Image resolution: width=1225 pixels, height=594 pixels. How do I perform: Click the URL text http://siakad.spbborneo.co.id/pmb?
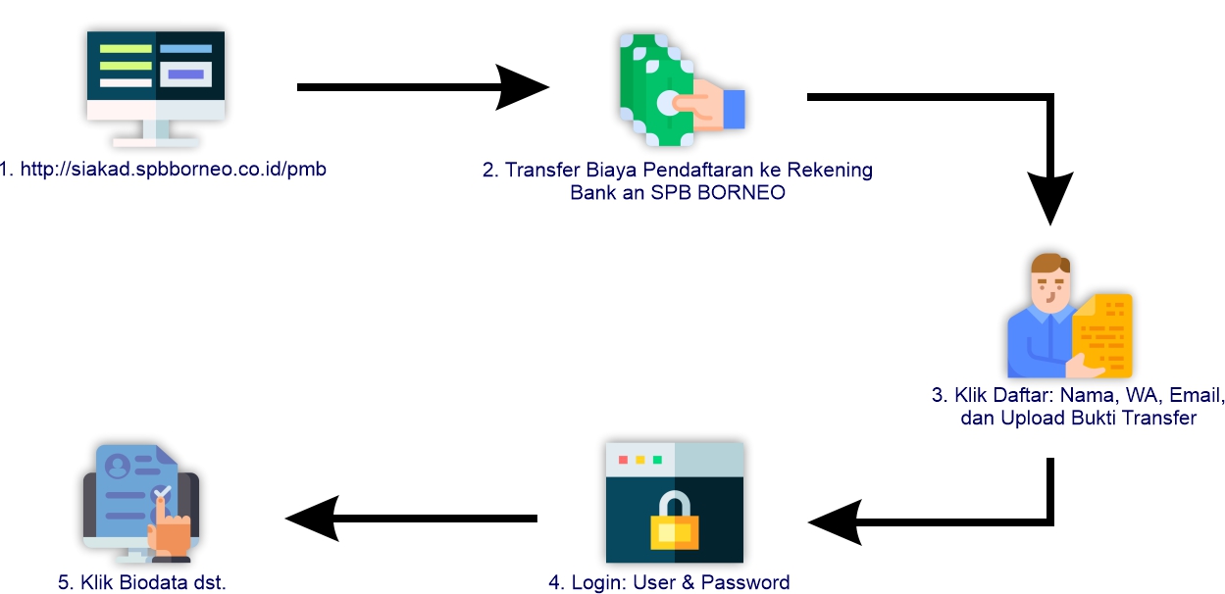(163, 170)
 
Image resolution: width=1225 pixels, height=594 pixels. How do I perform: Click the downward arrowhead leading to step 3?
(1051, 201)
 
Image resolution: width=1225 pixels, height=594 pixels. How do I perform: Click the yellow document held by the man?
(1105, 333)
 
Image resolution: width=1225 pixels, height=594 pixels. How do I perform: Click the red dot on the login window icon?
(623, 460)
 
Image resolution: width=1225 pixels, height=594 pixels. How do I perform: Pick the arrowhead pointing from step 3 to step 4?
(834, 520)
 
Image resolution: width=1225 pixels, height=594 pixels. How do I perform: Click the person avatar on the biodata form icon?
(119, 466)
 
